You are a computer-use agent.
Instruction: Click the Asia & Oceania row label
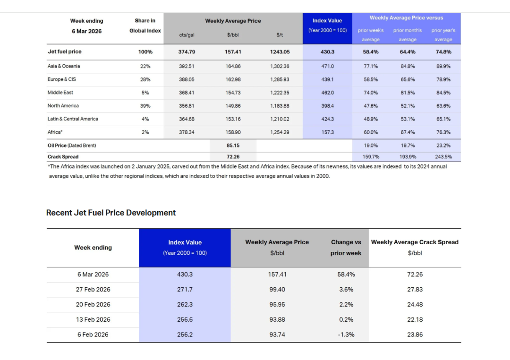point(64,66)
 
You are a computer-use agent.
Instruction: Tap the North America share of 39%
point(145,106)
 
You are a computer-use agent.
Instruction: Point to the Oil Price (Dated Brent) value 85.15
point(233,146)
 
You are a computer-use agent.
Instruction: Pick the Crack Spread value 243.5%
point(443,157)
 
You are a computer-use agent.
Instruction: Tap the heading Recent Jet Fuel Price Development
point(111,213)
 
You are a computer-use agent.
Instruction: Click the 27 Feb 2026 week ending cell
point(93,289)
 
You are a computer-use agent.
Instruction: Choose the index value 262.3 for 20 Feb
point(185,304)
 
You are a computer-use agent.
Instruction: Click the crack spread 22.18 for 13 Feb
point(415,319)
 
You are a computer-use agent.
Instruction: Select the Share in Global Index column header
point(145,26)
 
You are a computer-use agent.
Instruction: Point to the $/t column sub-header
point(280,34)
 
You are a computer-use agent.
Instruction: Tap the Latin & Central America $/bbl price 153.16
point(233,119)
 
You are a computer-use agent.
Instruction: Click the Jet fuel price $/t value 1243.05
point(280,51)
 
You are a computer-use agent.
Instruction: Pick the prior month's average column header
point(408,35)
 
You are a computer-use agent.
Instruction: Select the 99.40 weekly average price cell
point(277,289)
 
